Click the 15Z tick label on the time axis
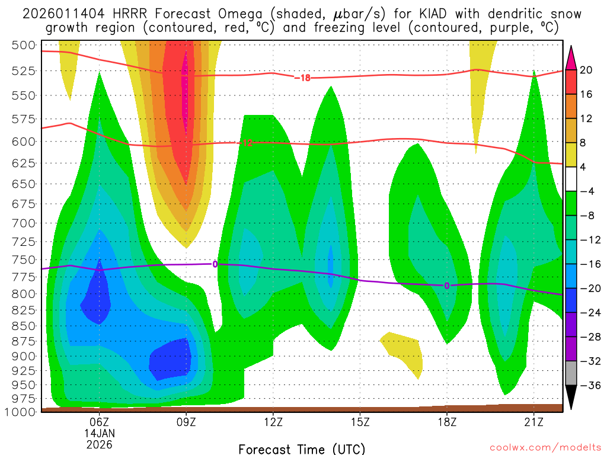[x=360, y=422]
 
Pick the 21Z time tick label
[x=533, y=422]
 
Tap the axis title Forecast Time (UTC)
[x=302, y=448]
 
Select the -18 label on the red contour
[x=302, y=78]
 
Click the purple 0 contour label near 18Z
[x=447, y=286]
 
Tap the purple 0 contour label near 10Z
[x=215, y=264]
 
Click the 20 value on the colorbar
[x=586, y=70]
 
